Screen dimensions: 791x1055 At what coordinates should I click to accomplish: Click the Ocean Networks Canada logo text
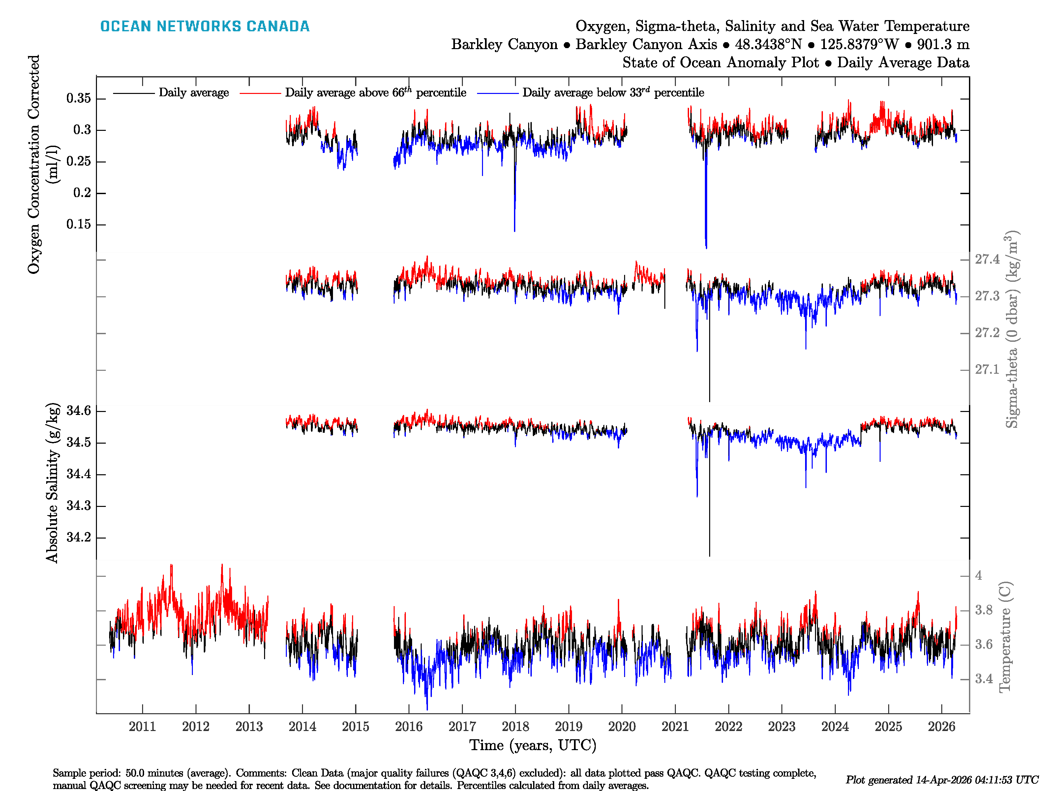pos(205,26)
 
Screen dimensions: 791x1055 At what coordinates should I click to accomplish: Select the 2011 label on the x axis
pos(142,727)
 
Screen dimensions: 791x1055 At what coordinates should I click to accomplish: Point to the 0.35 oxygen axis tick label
pos(79,99)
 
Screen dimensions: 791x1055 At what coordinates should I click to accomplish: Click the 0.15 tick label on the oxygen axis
pos(79,224)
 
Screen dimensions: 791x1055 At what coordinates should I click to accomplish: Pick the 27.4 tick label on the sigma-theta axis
pos(987,259)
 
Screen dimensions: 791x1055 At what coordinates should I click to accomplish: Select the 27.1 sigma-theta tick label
pos(987,369)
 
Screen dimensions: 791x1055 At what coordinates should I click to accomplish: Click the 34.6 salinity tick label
pos(79,411)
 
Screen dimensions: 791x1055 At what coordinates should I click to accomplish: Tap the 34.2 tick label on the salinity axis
pos(79,537)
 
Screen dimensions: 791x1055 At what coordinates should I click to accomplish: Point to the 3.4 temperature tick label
pos(984,679)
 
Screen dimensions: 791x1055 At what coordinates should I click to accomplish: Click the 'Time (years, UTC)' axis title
pos(533,745)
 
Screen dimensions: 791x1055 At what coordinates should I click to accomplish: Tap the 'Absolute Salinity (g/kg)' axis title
pos(52,483)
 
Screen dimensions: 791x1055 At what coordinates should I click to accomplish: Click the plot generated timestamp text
pos(942,780)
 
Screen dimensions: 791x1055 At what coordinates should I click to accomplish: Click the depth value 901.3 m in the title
pos(943,44)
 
